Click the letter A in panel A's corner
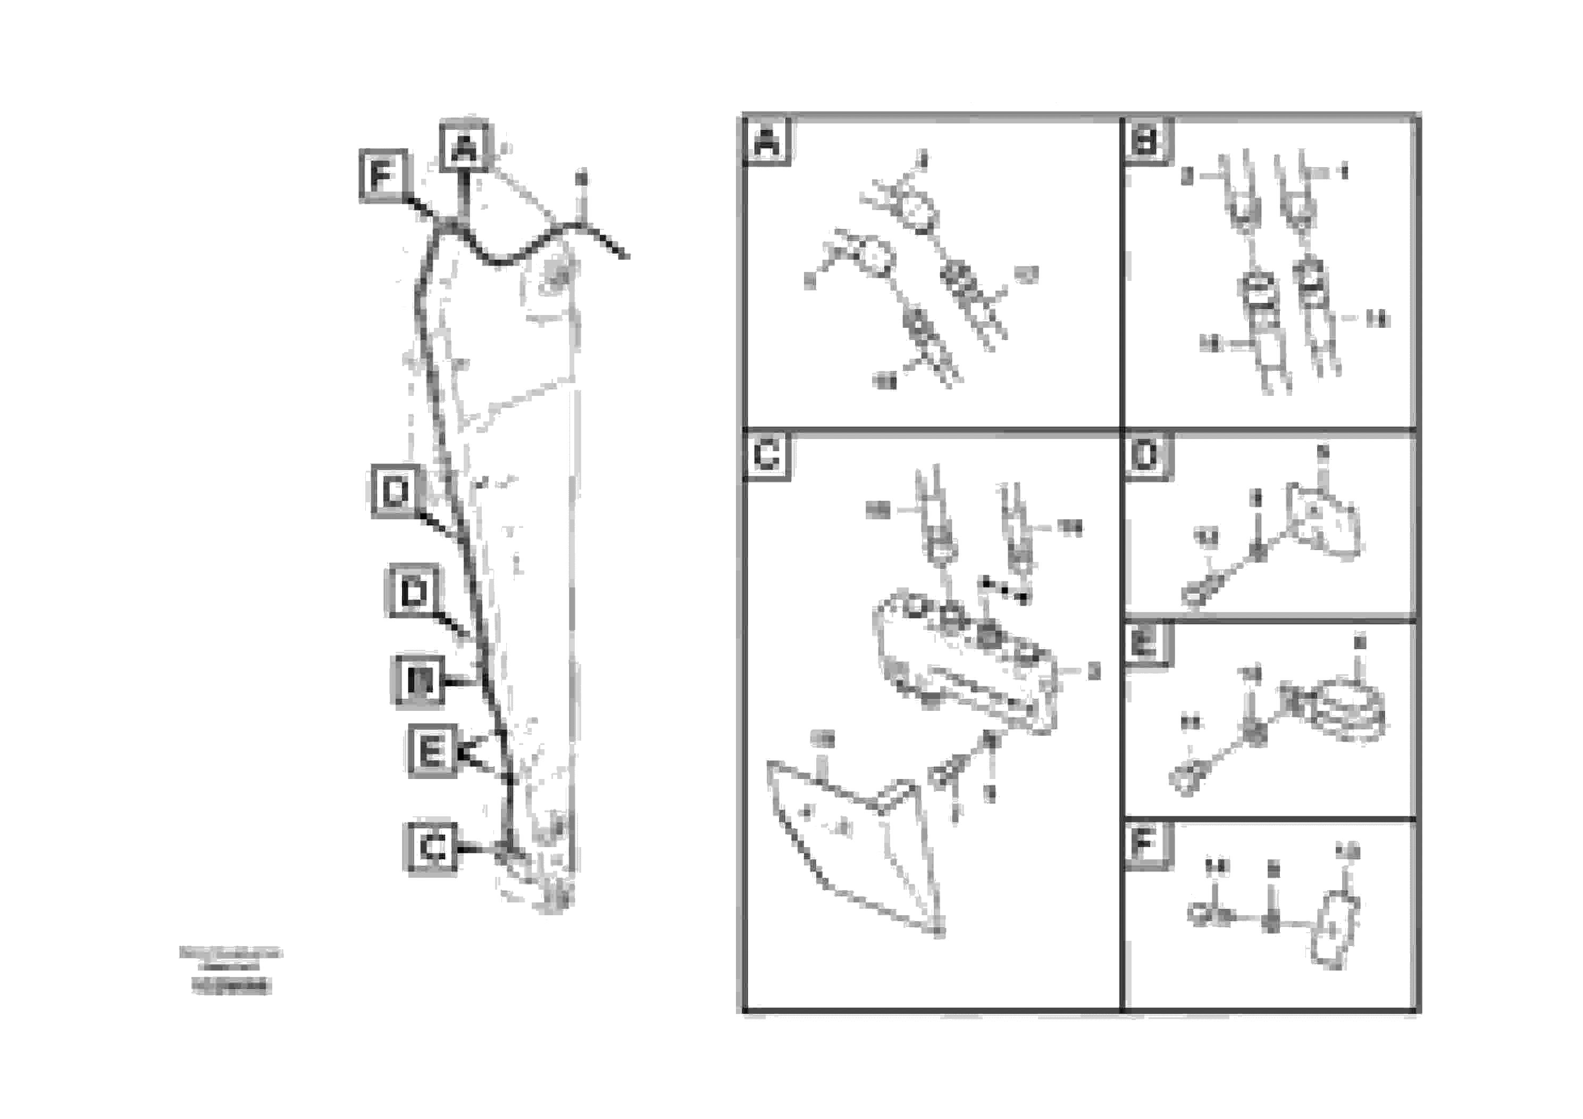[767, 142]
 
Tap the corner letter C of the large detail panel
[767, 455]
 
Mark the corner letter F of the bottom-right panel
[1145, 843]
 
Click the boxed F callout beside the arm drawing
[383, 176]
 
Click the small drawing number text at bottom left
[231, 987]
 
